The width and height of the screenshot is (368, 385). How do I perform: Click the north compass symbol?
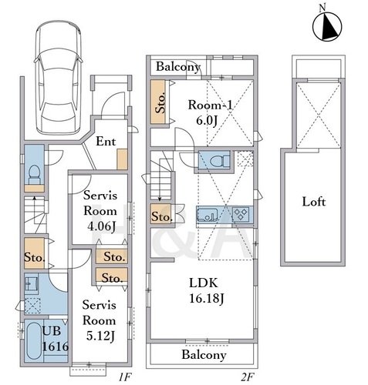[327, 25]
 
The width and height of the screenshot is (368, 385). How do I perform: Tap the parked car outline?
[59, 78]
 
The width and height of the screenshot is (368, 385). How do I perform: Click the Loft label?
[314, 202]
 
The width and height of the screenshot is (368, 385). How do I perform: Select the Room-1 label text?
[210, 105]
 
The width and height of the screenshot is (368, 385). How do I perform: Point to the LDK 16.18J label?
[207, 290]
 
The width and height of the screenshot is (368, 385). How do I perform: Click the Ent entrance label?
[106, 141]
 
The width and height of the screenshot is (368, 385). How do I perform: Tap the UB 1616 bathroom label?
[56, 339]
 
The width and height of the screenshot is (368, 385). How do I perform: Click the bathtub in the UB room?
[34, 340]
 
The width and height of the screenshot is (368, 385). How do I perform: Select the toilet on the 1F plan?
[34, 175]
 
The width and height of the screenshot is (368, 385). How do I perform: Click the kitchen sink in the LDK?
[207, 215]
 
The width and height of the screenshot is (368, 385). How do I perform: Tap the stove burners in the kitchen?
[241, 214]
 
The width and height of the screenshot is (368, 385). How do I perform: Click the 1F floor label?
[125, 377]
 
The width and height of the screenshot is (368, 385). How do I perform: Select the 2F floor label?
[247, 377]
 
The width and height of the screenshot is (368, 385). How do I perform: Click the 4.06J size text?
[101, 226]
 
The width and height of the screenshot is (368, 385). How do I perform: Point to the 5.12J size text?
[100, 336]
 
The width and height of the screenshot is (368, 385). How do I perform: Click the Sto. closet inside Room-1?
[157, 102]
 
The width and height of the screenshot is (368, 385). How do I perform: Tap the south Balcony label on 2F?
[204, 355]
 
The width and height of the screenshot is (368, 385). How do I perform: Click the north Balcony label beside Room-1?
[178, 67]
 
